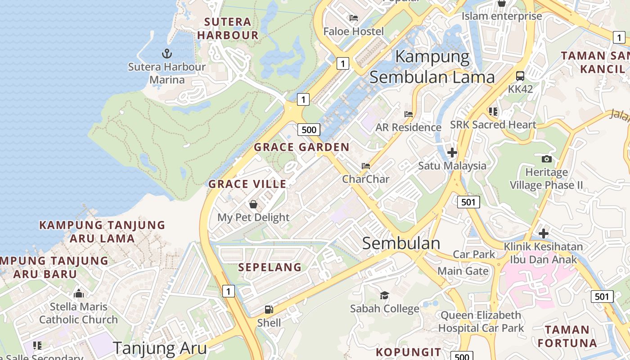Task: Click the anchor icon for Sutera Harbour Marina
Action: pyautogui.click(x=167, y=54)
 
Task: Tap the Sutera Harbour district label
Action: pyautogui.click(x=228, y=28)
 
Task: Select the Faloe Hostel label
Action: pyautogui.click(x=354, y=31)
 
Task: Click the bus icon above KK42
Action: pyautogui.click(x=520, y=76)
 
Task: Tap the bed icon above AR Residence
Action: pyautogui.click(x=409, y=114)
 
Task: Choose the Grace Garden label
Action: pyautogui.click(x=301, y=147)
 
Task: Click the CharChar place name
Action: pyautogui.click(x=365, y=179)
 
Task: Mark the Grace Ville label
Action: pyautogui.click(x=247, y=184)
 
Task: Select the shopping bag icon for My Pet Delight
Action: pyautogui.click(x=253, y=205)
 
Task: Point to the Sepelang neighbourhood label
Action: pyautogui.click(x=270, y=267)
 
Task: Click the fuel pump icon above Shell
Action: pyautogui.click(x=269, y=310)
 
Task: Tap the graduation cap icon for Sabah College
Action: pyautogui.click(x=384, y=295)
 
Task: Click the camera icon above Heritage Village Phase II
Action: pyautogui.click(x=547, y=159)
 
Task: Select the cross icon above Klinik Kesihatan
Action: pyautogui.click(x=544, y=234)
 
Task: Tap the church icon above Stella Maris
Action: pyautogui.click(x=79, y=294)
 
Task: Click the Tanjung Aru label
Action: pyautogui.click(x=159, y=348)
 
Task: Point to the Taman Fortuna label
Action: pyautogui.click(x=567, y=336)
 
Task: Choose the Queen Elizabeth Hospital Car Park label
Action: pyautogui.click(x=481, y=321)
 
